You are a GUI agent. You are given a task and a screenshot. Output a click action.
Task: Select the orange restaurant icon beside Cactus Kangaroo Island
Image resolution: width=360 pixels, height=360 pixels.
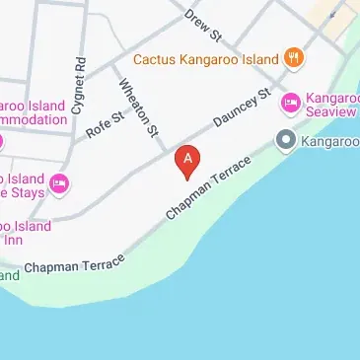point(293,56)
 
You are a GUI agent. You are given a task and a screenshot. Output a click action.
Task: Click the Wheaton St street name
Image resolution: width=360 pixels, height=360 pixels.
point(139,106)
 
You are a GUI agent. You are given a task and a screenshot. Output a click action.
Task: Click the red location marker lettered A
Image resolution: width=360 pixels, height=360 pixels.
point(187,160)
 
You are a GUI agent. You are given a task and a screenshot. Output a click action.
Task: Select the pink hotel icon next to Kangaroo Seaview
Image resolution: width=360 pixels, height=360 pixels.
point(291,102)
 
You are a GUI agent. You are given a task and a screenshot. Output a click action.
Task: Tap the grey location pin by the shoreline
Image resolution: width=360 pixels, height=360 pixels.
point(287,141)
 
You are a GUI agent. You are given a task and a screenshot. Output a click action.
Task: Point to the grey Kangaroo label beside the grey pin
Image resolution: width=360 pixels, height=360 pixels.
point(332,142)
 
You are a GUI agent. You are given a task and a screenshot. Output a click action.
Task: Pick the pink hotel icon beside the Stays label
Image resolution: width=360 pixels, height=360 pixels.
point(59,183)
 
